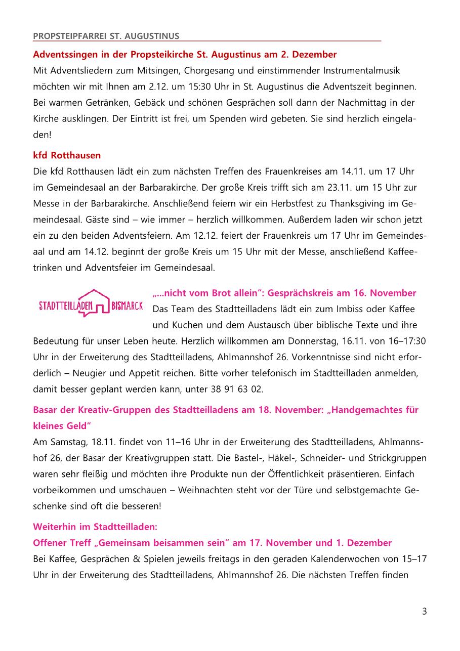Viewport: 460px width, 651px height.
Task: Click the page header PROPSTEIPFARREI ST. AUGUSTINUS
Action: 106,36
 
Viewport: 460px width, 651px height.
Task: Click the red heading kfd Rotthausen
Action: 67,155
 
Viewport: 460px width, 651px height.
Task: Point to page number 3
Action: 424,611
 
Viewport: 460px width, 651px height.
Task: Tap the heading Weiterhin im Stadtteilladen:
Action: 95,527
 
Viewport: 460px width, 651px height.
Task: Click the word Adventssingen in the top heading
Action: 64,54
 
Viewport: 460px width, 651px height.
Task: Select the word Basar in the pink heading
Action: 45,410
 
